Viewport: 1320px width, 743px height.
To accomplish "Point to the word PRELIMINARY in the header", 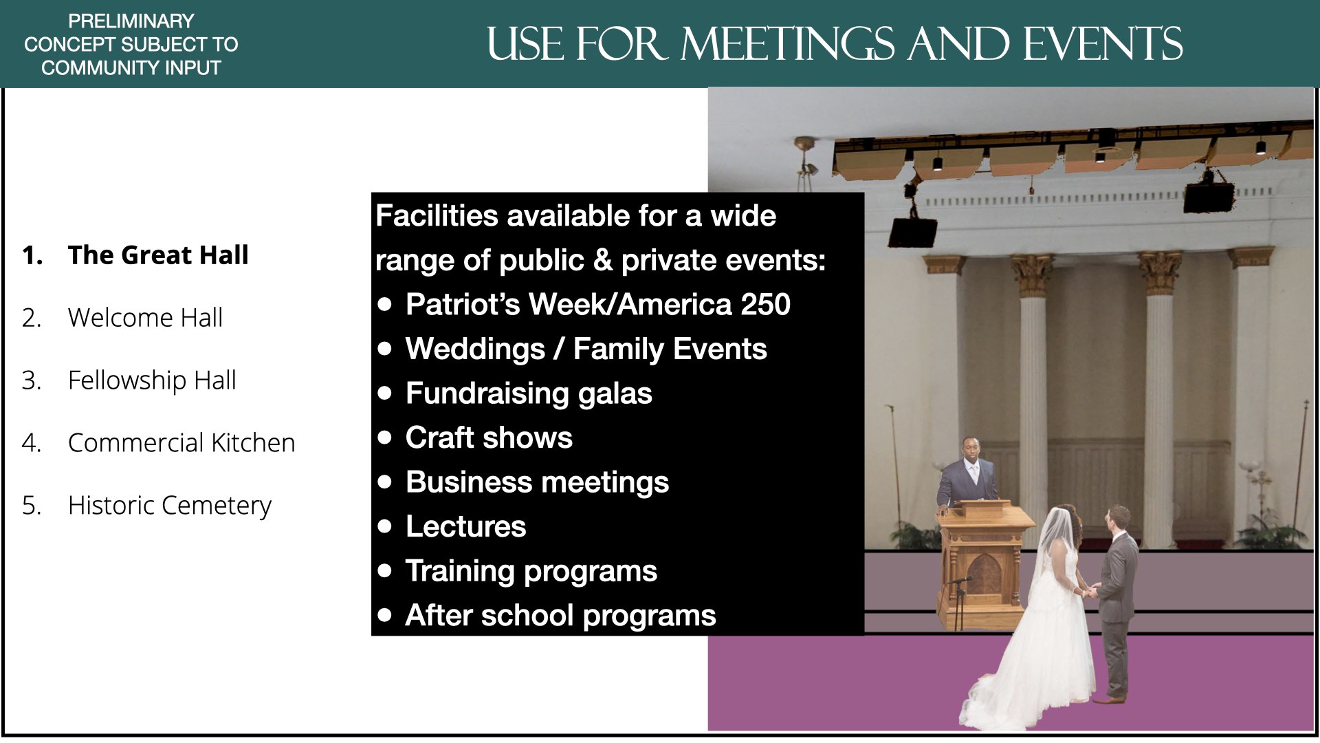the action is (131, 21).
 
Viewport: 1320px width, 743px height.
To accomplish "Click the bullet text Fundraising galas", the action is (529, 394).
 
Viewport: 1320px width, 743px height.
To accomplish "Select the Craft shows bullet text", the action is (489, 438).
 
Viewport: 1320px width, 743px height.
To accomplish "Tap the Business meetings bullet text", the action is (537, 482).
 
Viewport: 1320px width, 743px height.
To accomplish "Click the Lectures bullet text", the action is (465, 526).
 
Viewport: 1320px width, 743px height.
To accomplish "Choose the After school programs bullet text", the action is (560, 616).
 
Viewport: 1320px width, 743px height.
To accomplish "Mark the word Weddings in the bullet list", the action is (475, 349).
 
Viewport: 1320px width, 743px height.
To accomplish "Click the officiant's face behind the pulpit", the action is (970, 451).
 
